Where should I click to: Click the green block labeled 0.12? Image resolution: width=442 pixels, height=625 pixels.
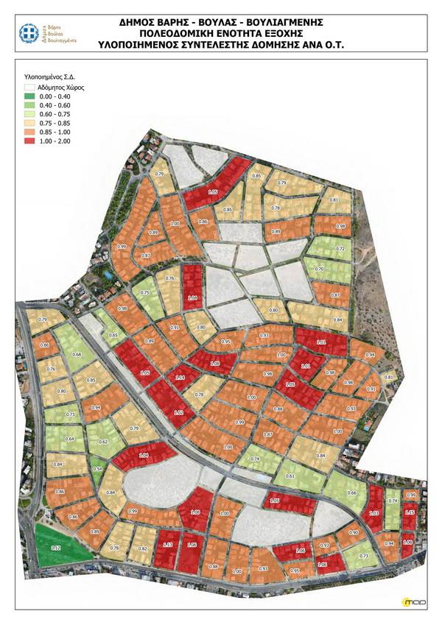pyautogui.click(x=55, y=548)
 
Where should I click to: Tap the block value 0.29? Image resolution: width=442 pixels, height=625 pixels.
pyautogui.click(x=43, y=319)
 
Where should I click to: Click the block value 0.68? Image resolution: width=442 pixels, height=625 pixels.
pyautogui.click(x=77, y=354)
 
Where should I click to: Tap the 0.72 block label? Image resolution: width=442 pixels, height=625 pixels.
pyautogui.click(x=340, y=249)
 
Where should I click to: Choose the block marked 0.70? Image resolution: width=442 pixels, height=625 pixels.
pyautogui.click(x=319, y=269)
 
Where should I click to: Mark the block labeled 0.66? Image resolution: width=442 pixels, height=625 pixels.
pyautogui.click(x=351, y=492)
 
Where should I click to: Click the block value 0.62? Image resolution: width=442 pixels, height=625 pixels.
pyautogui.click(x=103, y=442)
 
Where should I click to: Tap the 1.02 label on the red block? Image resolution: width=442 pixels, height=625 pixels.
pyautogui.click(x=178, y=413)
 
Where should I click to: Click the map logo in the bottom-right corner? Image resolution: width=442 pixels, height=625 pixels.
pyautogui.click(x=410, y=602)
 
